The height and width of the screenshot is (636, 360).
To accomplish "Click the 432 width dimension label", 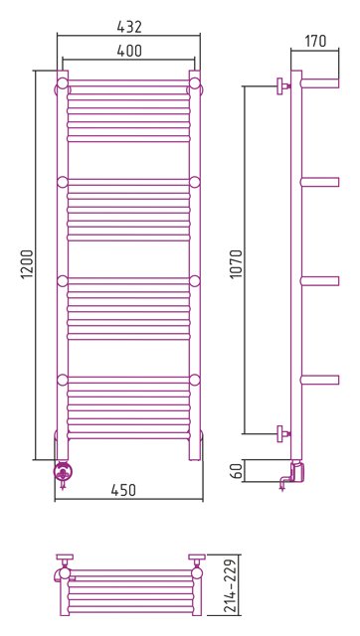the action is pos(129,27).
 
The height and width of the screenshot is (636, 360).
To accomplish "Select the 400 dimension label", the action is pos(129,51).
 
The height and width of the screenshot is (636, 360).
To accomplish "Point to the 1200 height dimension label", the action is pos(27,265).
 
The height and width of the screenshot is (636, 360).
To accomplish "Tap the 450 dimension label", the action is pos(123,490).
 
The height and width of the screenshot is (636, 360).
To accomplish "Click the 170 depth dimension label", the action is pos(315,41).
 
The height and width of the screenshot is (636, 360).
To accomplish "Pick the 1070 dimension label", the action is pos(236,263).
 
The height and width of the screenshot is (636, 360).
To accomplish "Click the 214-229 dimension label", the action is pos(229,585).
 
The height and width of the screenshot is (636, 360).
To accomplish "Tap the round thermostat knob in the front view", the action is pos(64,471).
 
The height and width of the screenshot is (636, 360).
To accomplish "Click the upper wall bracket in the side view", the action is pos(282,86).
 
